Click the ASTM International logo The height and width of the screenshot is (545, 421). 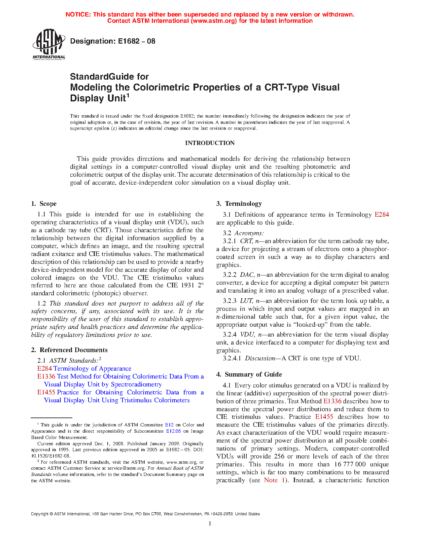tap(49, 44)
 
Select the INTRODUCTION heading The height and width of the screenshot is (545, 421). tap(210, 143)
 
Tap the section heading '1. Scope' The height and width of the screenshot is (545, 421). tap(44, 204)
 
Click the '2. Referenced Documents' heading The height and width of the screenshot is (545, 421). tap(69, 350)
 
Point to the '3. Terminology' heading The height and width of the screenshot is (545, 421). tap(239, 204)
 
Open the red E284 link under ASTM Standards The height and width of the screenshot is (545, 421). tap(44, 369)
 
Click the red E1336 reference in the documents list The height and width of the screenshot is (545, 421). tap(46, 377)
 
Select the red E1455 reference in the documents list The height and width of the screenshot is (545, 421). tap(46, 392)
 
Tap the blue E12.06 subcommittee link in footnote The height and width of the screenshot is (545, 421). tap(173, 431)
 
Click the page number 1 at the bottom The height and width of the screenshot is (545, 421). tap(210, 524)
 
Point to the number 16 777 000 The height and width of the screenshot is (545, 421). tap(350, 464)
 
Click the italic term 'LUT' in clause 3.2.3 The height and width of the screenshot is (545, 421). tap(246, 301)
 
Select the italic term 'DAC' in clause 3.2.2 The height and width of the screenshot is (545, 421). tap(247, 275)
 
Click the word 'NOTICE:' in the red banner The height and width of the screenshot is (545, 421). tap(78, 15)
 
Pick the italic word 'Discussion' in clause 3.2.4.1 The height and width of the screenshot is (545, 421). tap(260, 358)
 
